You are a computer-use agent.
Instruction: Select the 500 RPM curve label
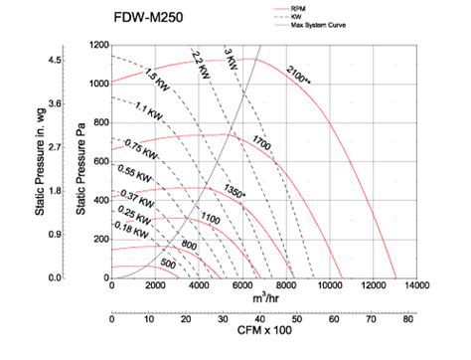pyautogui.click(x=168, y=265)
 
